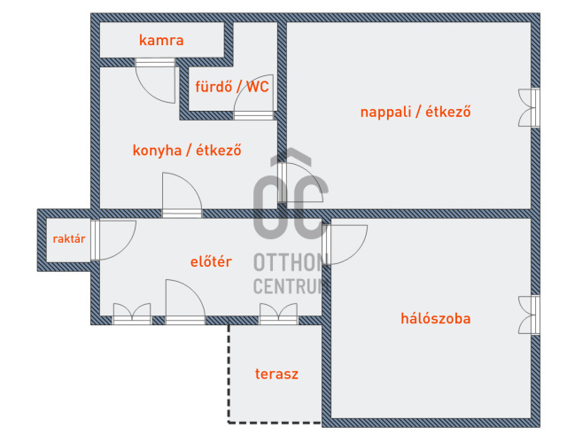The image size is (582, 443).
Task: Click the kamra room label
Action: [x=161, y=40]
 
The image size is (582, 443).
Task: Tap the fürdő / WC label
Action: [x=232, y=86]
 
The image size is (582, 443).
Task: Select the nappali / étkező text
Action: [x=415, y=113]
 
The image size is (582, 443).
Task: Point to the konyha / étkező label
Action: [x=188, y=150]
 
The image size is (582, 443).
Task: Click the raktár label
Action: [x=68, y=239]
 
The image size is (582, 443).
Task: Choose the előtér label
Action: [x=212, y=261]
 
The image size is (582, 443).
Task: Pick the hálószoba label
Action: [x=435, y=318]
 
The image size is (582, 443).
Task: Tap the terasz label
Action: [x=275, y=374]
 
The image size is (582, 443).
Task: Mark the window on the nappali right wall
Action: [x=531, y=108]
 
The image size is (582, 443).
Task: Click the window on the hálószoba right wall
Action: [x=531, y=315]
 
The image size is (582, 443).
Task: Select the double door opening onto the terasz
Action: [x=277, y=315]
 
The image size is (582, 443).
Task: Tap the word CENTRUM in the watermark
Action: [x=291, y=285]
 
